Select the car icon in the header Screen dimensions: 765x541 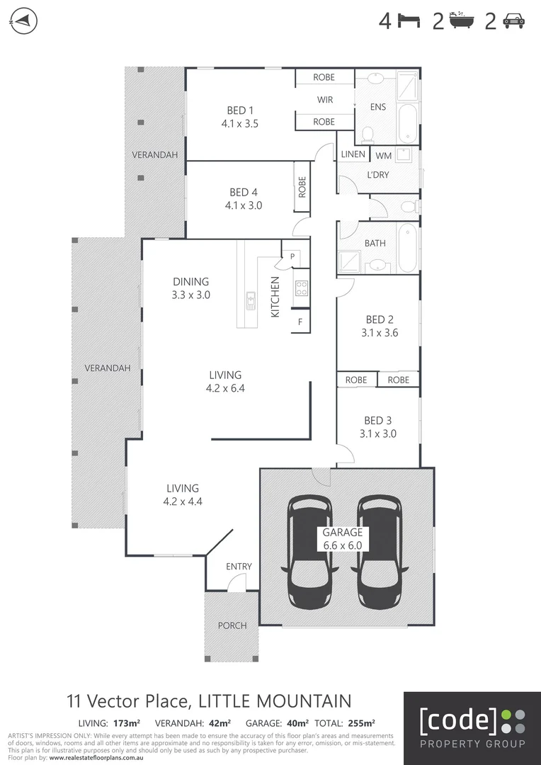[x=513, y=22]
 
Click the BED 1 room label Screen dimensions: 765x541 [x=240, y=110]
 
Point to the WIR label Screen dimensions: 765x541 [x=324, y=100]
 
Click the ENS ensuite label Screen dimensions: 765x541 [x=378, y=107]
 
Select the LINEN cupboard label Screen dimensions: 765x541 [x=353, y=154]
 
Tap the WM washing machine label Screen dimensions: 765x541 [x=383, y=155]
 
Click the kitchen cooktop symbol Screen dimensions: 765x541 [x=301, y=288]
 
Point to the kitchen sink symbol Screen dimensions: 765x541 [x=251, y=301]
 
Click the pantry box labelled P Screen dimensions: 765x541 [x=292, y=255]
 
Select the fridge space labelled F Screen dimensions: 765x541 [x=300, y=321]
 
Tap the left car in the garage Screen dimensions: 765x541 [x=308, y=550]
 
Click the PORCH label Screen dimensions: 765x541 [x=232, y=625]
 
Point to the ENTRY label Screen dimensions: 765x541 [x=239, y=567]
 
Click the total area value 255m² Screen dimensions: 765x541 [x=361, y=723]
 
